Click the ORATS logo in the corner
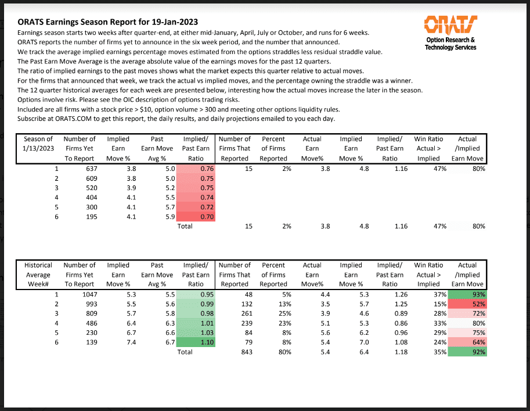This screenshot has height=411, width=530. (x=450, y=24)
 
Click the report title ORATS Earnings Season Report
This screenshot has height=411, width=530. (x=102, y=22)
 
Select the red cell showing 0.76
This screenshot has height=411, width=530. (x=196, y=169)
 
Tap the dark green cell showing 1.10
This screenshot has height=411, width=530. (x=196, y=342)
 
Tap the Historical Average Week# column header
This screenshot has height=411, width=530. (x=38, y=274)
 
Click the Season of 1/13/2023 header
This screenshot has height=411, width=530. (x=38, y=148)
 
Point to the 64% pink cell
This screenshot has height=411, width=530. (x=467, y=342)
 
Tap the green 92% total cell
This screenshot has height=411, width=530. (x=467, y=352)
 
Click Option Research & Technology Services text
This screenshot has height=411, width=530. (x=450, y=44)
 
